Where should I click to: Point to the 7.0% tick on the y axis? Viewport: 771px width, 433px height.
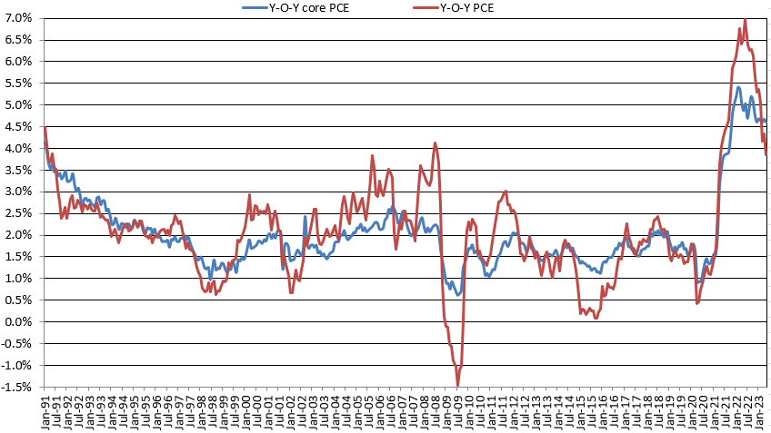pos(20,18)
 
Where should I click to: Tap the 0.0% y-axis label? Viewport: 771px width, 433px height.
pos(20,322)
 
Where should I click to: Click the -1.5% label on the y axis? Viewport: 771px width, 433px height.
pos(18,388)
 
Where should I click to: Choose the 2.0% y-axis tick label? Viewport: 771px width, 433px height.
pos(20,235)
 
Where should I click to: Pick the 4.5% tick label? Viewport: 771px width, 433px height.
pos(20,127)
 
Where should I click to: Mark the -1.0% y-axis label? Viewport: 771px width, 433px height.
pos(18,366)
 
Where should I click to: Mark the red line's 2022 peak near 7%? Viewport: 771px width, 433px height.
pos(745,19)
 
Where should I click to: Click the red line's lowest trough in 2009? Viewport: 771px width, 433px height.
pos(457,385)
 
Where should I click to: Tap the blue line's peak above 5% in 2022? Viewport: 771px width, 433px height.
pos(737,88)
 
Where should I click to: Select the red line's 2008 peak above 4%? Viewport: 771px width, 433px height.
pos(436,143)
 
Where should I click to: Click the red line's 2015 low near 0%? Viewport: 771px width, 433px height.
pos(596,317)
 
